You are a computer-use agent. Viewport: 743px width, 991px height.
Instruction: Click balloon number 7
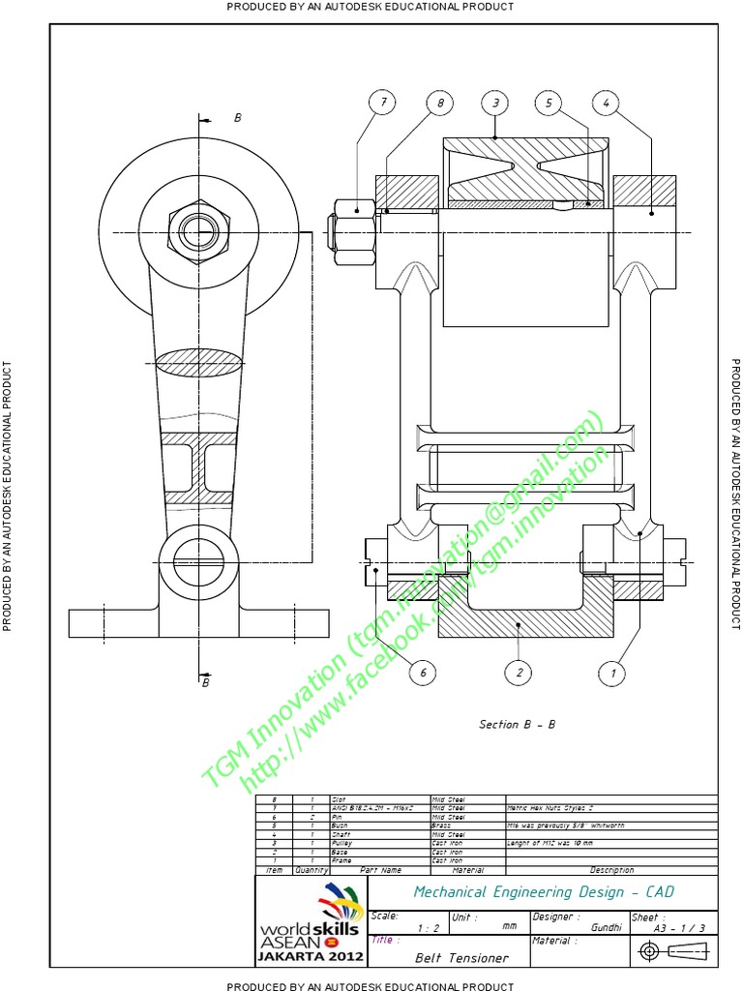(383, 103)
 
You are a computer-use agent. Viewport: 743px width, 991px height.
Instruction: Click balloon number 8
(439, 103)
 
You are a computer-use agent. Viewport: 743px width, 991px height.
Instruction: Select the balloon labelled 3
(495, 103)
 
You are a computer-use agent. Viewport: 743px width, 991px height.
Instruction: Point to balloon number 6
(422, 673)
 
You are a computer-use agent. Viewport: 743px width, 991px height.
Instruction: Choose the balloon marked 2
(520, 673)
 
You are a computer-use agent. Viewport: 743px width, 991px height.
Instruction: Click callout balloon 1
(611, 673)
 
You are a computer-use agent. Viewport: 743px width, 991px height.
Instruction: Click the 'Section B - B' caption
(518, 724)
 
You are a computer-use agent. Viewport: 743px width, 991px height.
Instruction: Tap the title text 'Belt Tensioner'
(461, 958)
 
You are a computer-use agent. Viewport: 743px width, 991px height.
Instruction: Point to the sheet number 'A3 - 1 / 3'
(680, 927)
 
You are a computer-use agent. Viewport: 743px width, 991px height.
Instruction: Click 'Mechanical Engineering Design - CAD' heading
(544, 892)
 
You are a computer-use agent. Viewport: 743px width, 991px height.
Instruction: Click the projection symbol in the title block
(674, 952)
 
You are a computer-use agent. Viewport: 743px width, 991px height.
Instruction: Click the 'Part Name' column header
(380, 870)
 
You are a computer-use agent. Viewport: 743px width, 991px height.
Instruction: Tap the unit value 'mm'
(509, 927)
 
